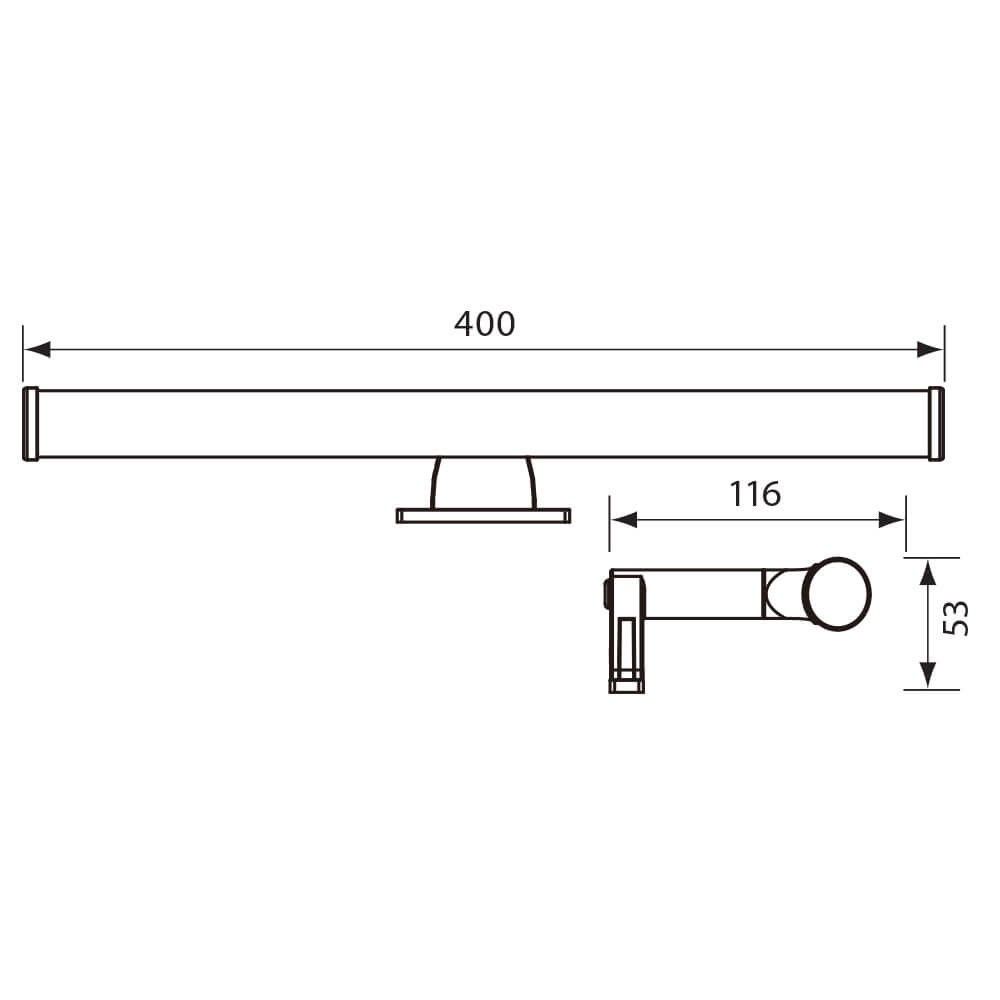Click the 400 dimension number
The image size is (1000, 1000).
tap(484, 324)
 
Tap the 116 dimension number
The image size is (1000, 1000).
tap(755, 494)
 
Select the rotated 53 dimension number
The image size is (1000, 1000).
tap(955, 618)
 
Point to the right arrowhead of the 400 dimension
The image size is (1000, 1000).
tap(930, 349)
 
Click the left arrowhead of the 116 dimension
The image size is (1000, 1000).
tap(624, 519)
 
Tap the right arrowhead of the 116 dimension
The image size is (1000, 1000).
tap(892, 519)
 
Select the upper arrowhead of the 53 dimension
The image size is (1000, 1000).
tap(928, 573)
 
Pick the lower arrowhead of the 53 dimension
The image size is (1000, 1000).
tap(928, 675)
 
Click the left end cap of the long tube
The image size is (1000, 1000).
tap(30, 424)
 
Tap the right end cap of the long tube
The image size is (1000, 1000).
tap(936, 424)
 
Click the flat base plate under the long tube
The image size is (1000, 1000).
tap(483, 516)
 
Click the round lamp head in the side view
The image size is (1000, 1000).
tap(839, 593)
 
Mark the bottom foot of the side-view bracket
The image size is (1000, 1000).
tap(626, 686)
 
